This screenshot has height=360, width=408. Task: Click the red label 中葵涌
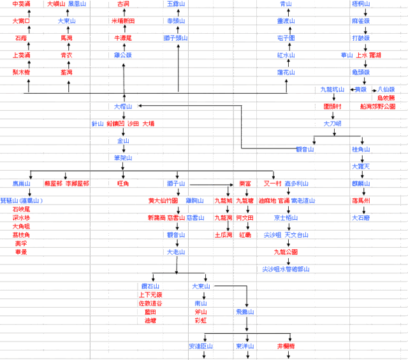[22, 4]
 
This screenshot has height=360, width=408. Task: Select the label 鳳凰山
[77, 4]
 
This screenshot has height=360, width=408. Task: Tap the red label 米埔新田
[123, 21]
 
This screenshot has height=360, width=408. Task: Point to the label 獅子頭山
[176, 38]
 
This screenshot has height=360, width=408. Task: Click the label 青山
[286, 4]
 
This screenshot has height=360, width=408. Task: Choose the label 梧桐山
[361, 4]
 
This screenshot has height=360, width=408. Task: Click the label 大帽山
[123, 106]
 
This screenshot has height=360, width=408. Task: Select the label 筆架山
[123, 157]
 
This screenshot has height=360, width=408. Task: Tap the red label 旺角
[123, 184]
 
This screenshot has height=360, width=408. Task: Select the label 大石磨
[361, 218]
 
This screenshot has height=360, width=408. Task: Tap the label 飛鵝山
[245, 312]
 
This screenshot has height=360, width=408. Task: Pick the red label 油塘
[150, 320]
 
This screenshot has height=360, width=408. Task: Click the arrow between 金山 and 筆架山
[123, 148]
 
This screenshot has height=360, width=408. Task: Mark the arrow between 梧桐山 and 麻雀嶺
[361, 13]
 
